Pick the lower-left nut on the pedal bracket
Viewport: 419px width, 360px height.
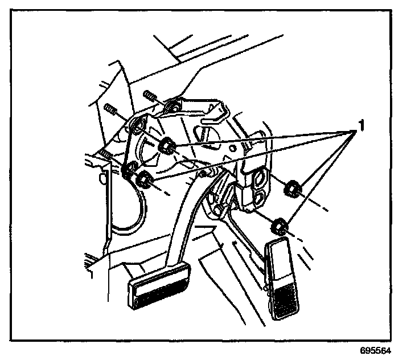point(145,179)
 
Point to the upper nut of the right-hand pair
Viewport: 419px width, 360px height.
point(293,187)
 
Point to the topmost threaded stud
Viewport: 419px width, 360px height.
point(150,95)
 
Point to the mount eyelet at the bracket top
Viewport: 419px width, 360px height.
point(173,105)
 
